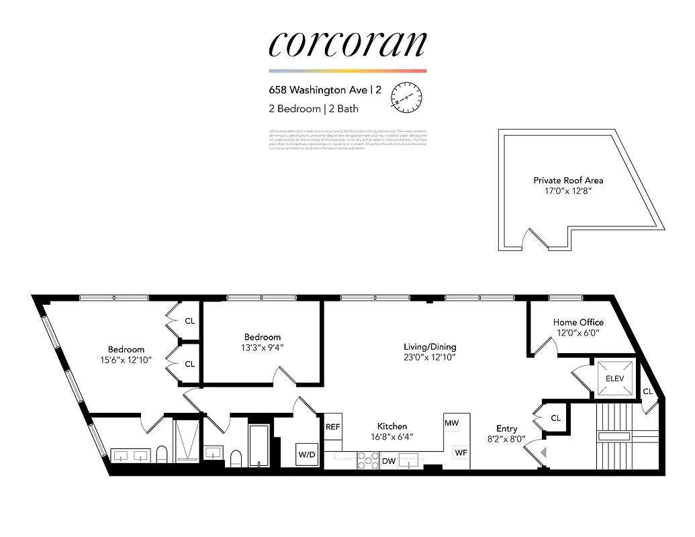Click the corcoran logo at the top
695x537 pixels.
click(x=347, y=44)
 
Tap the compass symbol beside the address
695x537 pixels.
click(x=406, y=97)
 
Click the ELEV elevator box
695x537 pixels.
click(x=614, y=378)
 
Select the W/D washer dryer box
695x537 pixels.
click(x=307, y=454)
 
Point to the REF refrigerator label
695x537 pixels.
click(x=333, y=427)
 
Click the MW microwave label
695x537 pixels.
click(x=451, y=424)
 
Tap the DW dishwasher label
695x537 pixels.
click(x=389, y=461)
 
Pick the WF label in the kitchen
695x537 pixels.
click(x=461, y=452)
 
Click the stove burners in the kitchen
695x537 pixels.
click(x=367, y=460)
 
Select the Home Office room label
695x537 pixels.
click(x=578, y=322)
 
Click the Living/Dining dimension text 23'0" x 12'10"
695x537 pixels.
click(x=430, y=357)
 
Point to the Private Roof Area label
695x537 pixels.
click(x=568, y=180)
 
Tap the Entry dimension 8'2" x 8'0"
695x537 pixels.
click(x=507, y=440)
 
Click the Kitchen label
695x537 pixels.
click(x=391, y=426)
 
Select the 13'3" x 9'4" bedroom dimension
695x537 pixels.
click(x=263, y=347)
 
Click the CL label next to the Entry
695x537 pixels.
click(x=555, y=418)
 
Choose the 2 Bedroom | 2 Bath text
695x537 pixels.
click(x=314, y=109)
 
